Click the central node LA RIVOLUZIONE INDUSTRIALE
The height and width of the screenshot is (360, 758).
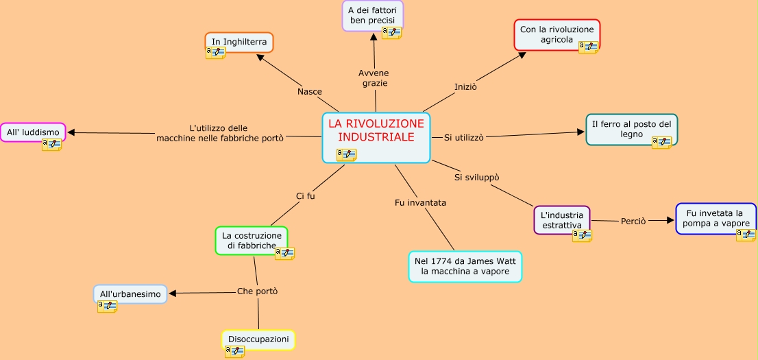point(376,131)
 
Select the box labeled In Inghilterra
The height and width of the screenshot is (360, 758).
point(239,42)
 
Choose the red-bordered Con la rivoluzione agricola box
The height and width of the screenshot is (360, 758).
point(557,34)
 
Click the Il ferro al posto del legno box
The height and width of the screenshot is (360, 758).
point(631,129)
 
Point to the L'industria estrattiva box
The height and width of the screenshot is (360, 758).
point(561,219)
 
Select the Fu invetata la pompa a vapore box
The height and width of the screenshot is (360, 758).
point(716,218)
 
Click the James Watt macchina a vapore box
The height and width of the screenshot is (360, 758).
point(465,267)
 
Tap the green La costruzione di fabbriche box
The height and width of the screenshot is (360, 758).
point(251,240)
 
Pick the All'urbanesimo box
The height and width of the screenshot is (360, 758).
point(130,294)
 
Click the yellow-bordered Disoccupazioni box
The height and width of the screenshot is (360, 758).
point(258,339)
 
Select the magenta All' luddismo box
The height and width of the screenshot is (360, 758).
point(32,132)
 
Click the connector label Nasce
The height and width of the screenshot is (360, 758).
point(310,92)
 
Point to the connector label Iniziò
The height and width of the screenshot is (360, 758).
point(465,87)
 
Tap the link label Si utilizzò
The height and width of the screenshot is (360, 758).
point(464,137)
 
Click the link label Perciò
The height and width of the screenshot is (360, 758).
point(633,221)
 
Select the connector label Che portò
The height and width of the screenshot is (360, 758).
point(257,291)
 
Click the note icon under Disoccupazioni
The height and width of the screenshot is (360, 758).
point(235,351)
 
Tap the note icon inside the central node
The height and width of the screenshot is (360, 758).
point(346,154)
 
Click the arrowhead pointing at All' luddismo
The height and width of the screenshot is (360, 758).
point(71,132)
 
